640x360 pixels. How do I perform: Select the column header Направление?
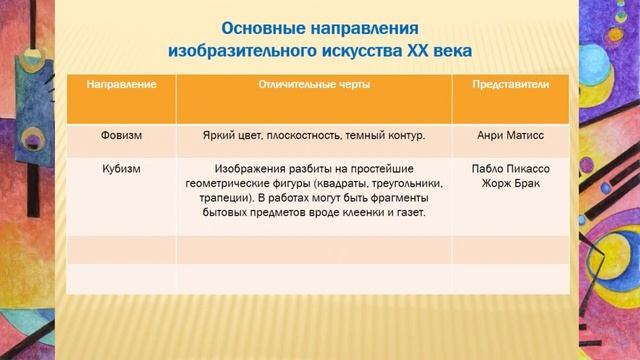click(x=121, y=85)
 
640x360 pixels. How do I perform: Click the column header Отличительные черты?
click(x=314, y=85)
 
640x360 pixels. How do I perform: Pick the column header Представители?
click(x=510, y=85)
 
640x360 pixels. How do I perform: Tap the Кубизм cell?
click(x=121, y=169)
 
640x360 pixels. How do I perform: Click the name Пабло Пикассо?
click(x=510, y=169)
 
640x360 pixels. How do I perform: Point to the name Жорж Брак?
click(x=510, y=184)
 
